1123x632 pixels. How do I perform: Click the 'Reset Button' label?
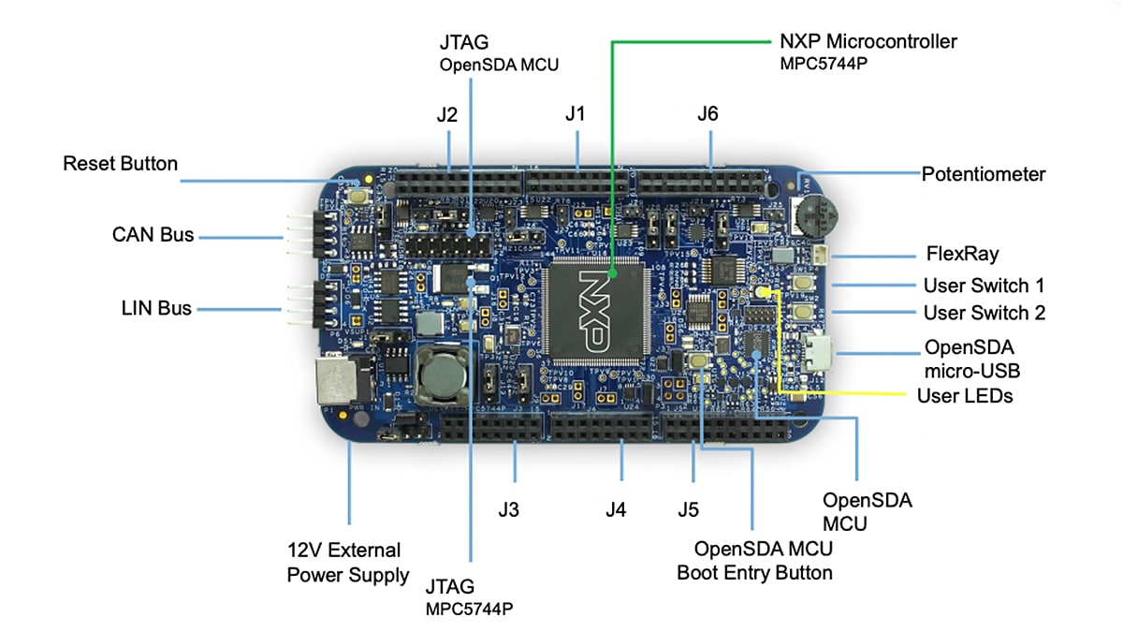tap(120, 164)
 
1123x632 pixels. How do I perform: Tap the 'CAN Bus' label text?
tap(153, 234)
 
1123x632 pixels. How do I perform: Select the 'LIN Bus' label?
tap(155, 307)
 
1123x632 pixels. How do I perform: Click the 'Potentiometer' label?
tap(983, 174)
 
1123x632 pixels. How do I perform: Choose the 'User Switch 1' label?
tap(983, 286)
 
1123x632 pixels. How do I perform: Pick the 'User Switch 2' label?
tap(984, 313)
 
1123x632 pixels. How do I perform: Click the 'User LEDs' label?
tap(964, 395)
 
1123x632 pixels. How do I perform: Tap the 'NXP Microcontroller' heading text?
tap(868, 41)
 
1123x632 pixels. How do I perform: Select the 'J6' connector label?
tap(707, 114)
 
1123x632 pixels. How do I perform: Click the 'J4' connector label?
tap(616, 510)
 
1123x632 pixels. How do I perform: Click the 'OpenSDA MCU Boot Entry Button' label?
tap(754, 559)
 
